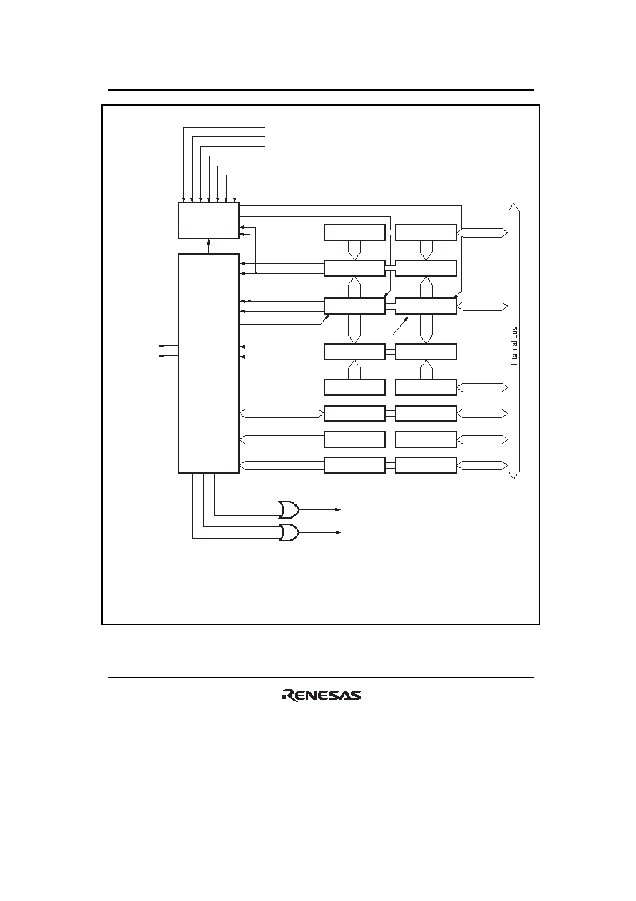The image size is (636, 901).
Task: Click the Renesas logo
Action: click(322, 696)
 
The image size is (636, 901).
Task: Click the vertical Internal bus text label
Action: click(514, 345)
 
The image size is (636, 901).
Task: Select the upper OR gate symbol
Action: click(289, 509)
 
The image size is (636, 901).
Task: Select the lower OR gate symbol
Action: click(289, 533)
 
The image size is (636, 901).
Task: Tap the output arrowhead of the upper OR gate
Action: click(338, 509)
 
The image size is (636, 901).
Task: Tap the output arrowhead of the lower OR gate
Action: click(338, 533)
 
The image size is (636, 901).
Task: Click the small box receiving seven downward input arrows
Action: click(208, 220)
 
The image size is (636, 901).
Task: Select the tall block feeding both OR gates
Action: click(208, 363)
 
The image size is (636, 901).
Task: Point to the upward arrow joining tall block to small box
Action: click(208, 246)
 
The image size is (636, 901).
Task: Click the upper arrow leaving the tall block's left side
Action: click(168, 345)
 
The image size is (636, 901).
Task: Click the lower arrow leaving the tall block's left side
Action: click(168, 355)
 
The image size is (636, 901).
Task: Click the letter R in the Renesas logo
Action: click(288, 696)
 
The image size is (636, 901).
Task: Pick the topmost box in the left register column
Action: click(354, 233)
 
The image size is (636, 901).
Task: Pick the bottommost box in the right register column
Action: click(426, 465)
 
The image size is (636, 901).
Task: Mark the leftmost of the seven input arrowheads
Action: click(184, 200)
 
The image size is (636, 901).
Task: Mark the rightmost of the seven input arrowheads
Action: click(235, 200)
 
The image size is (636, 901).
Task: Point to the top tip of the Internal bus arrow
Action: click(514, 203)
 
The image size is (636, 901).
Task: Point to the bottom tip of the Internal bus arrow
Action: click(514, 479)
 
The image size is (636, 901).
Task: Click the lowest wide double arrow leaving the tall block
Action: click(282, 465)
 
